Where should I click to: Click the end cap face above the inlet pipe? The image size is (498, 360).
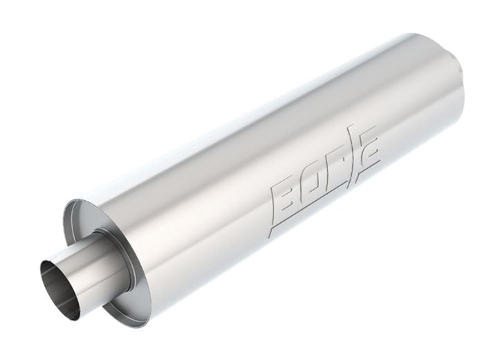tap(97, 222)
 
